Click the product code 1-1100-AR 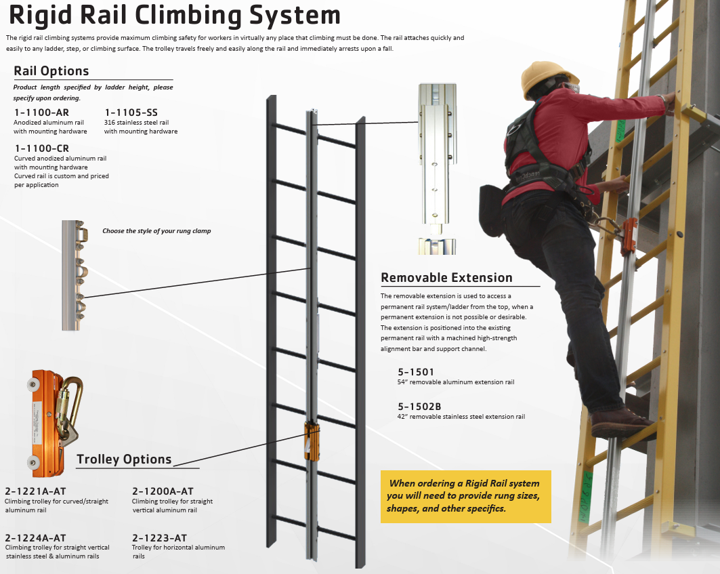point(41,112)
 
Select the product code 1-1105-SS point(131,112)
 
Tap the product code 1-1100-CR point(41,148)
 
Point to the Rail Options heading point(51,71)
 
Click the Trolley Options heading point(124,459)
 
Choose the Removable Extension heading point(446,278)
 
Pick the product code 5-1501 point(416,372)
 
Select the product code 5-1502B point(419,407)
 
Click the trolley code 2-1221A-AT point(35,491)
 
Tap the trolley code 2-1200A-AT point(163,491)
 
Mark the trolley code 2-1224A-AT point(35,537)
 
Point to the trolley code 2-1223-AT point(159,537)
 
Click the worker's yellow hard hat point(548,77)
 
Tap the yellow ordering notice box point(465,496)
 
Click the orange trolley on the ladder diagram point(312,441)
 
